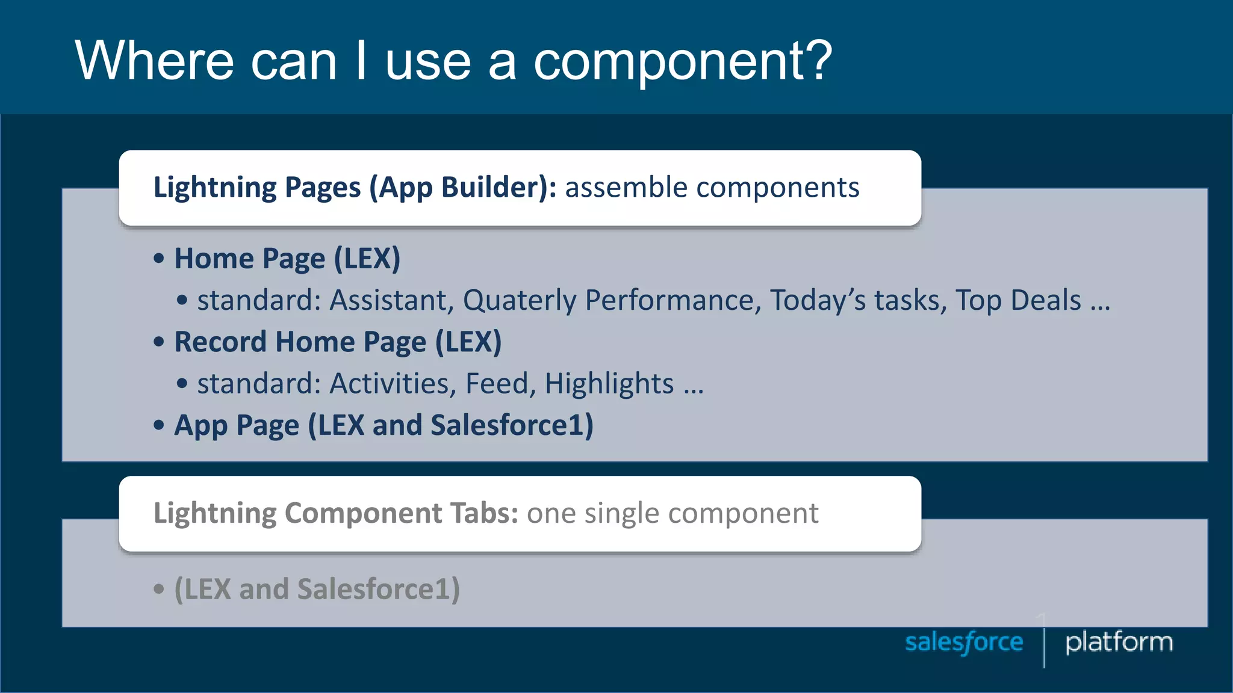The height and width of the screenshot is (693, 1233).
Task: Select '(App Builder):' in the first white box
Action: coord(463,188)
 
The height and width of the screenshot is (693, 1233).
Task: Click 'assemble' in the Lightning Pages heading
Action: coord(626,188)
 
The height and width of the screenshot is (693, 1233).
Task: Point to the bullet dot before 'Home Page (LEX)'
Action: coord(159,259)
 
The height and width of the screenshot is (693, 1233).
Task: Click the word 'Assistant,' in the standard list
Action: coord(391,300)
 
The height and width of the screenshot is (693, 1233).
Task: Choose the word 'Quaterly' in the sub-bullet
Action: coord(520,300)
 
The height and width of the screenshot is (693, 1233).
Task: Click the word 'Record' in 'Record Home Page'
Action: coord(220,342)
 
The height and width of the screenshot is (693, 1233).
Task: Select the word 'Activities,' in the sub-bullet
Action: coord(393,384)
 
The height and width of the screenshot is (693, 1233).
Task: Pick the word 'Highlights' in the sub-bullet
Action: coord(609,384)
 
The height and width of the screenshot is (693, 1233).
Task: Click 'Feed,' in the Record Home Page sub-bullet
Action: coord(500,384)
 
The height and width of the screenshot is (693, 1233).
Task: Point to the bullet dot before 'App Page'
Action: coord(159,425)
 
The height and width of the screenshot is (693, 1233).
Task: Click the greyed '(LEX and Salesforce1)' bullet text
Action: coord(317,589)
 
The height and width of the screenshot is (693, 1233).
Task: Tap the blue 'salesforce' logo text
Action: coord(964,642)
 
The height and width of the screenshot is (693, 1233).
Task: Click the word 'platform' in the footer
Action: coord(1119,642)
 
